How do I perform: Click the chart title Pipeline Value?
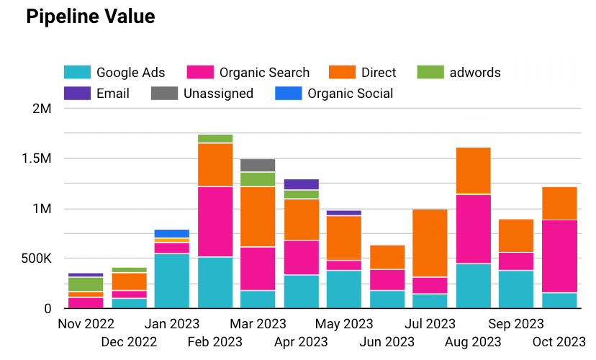tap(90, 17)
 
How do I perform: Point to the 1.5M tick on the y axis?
tap(37, 159)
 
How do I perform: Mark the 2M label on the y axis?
tap(42, 109)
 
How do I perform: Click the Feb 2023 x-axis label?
tap(215, 341)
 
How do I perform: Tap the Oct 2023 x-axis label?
tap(559, 341)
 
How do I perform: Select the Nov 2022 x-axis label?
tap(86, 323)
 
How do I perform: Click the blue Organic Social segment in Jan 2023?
tap(172, 233)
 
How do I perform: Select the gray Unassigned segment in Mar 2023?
tap(258, 165)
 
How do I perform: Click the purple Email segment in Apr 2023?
tap(301, 184)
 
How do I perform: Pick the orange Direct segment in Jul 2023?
tap(430, 243)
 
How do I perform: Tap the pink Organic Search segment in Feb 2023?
tap(215, 221)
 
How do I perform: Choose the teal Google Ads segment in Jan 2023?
tap(172, 281)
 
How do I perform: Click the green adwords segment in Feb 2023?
tap(215, 138)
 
